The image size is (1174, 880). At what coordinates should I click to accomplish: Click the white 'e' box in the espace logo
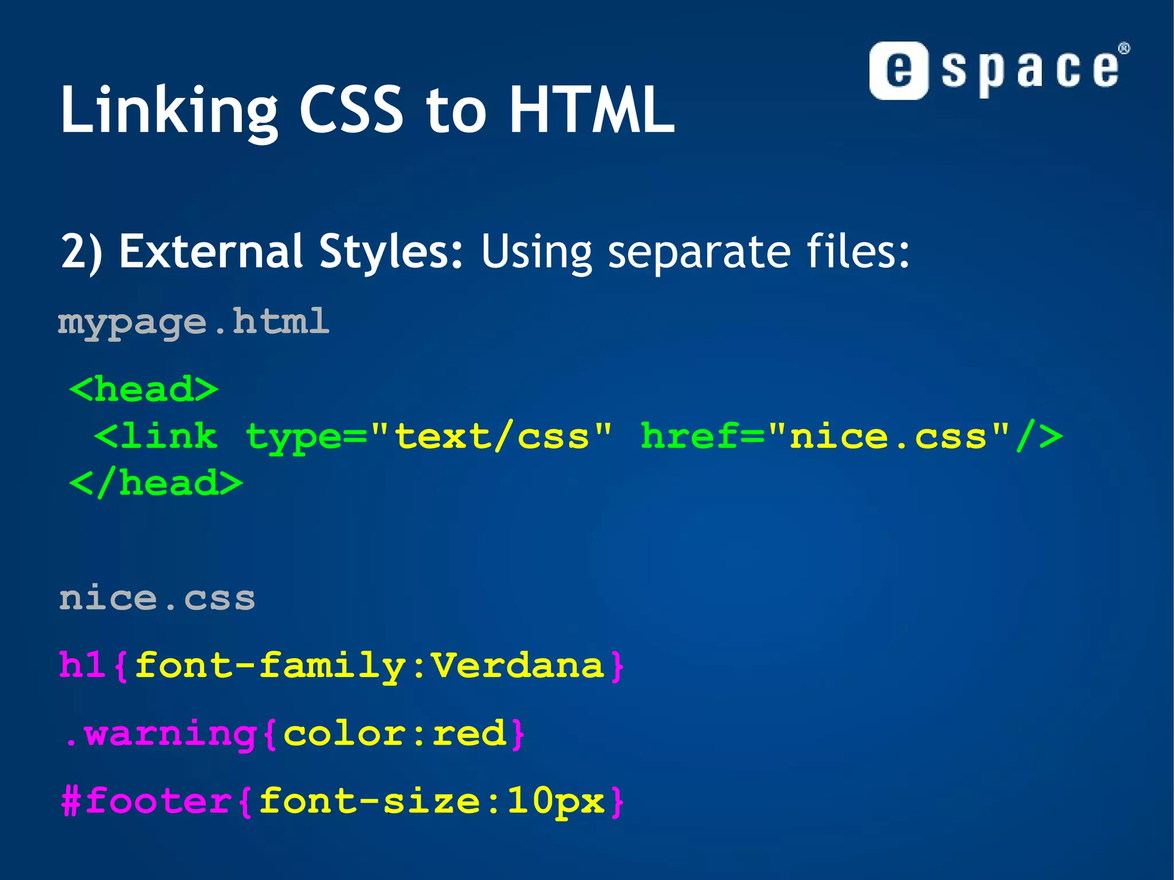pos(898,71)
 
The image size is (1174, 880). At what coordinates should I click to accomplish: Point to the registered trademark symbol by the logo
pos(1124,48)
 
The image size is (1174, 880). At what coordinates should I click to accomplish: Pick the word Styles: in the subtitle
pos(391,252)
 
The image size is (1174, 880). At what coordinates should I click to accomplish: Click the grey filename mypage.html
pos(194,322)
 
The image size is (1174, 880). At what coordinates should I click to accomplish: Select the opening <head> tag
pos(144,390)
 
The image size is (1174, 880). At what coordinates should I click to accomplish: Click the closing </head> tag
pos(156,483)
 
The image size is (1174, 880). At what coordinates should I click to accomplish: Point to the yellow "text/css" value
pos(492,437)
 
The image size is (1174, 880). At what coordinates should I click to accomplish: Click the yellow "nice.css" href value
pos(888,437)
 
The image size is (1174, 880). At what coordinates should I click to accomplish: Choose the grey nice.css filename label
pos(157,599)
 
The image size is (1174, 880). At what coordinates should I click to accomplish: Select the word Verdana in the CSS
pos(518,666)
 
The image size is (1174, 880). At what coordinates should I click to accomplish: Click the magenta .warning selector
pos(161,734)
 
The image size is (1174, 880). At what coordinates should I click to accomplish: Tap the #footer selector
pos(147,801)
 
